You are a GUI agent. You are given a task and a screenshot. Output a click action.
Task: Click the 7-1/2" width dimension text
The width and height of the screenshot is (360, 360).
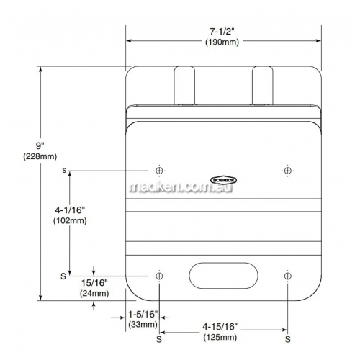tap(222, 32)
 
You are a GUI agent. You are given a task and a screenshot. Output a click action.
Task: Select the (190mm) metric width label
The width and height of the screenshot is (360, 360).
tap(222, 42)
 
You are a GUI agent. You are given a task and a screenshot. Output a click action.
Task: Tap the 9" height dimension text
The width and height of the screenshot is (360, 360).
tap(40, 145)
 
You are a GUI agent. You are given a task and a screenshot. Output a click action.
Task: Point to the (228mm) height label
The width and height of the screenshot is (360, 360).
tap(40, 156)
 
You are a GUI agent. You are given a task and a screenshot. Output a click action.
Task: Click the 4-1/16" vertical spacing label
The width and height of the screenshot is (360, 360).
tap(70, 210)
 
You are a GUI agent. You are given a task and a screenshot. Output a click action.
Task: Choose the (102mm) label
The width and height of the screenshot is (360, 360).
tap(70, 221)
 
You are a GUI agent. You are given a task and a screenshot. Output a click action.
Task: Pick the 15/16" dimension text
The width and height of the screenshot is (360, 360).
tap(94, 283)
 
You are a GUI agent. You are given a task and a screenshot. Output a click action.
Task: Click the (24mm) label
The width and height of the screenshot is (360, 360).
tap(94, 293)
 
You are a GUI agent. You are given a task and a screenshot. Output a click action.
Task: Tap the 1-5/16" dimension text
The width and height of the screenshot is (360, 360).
tap(143, 314)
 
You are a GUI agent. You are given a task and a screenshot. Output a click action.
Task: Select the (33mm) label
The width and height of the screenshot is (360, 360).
tap(143, 325)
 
